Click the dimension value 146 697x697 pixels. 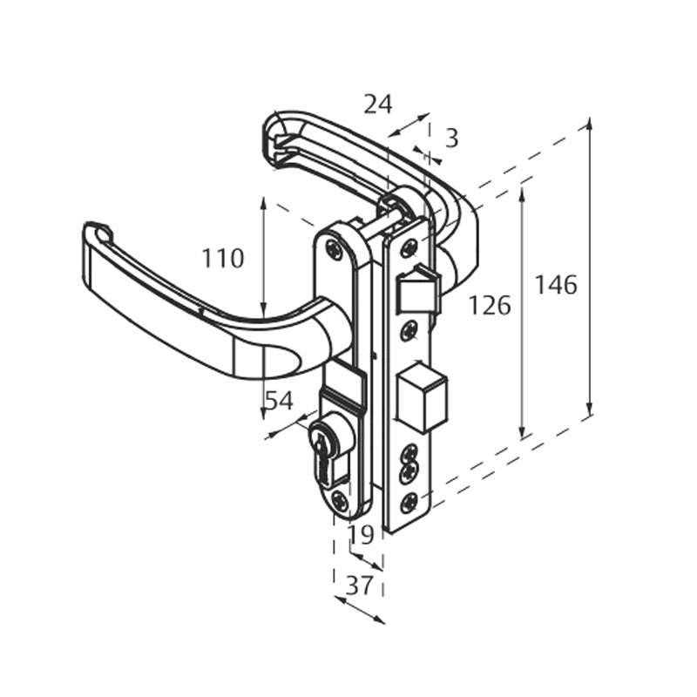556,285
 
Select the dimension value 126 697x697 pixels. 490,305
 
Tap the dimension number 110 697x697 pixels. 223,259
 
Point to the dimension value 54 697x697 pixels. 278,401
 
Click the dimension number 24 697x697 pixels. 377,105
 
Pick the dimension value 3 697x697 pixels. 451,138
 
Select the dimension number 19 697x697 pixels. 361,534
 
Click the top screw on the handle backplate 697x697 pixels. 335,249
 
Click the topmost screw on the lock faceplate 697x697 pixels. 409,249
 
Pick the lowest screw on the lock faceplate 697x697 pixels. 408,502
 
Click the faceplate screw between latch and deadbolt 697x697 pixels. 408,332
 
